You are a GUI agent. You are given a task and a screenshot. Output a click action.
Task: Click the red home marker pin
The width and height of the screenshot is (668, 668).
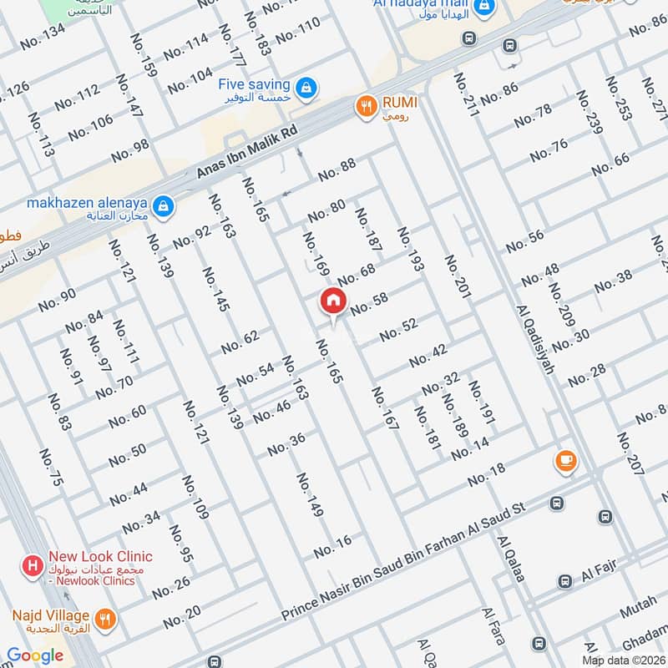pyautogui.click(x=332, y=301)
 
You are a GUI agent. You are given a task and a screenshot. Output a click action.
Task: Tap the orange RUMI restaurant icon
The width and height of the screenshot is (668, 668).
pyautogui.click(x=365, y=105)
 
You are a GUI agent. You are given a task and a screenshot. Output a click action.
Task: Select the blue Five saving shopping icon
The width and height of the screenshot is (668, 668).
pyautogui.click(x=306, y=86)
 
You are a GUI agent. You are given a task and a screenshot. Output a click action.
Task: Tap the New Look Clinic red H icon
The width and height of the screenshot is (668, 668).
pyautogui.click(x=33, y=565)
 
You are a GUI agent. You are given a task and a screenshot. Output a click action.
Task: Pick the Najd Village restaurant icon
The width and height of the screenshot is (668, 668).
pyautogui.click(x=105, y=619)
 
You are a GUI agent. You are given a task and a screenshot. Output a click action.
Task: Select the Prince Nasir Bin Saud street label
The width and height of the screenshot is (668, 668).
pyautogui.click(x=402, y=561)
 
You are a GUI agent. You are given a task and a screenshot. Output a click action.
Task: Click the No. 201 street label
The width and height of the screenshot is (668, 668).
pyautogui.click(x=458, y=276)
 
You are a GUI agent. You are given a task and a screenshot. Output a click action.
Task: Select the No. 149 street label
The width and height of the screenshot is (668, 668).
pyautogui.click(x=309, y=494)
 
